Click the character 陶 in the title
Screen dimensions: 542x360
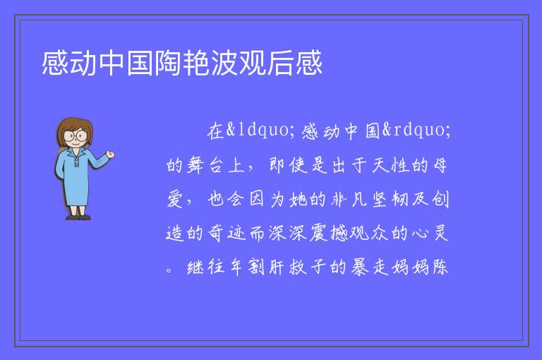click(168, 63)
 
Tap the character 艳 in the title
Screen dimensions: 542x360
click(196, 63)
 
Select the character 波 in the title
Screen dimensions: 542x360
click(224, 63)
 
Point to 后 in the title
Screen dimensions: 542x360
click(280, 63)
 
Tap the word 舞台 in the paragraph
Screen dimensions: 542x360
click(204, 165)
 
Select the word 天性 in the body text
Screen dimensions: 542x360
click(390, 165)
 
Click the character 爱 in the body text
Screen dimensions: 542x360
click(175, 199)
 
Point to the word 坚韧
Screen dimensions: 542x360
click(390, 199)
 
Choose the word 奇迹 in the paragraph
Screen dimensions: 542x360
click(227, 233)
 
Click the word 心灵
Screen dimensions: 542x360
click(430, 233)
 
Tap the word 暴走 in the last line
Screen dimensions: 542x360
click(370, 268)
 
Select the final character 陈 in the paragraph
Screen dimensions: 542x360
click(440, 268)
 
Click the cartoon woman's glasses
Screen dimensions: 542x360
click(76, 136)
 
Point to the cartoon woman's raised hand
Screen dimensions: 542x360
click(110, 155)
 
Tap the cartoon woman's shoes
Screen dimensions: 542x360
click(78, 217)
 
